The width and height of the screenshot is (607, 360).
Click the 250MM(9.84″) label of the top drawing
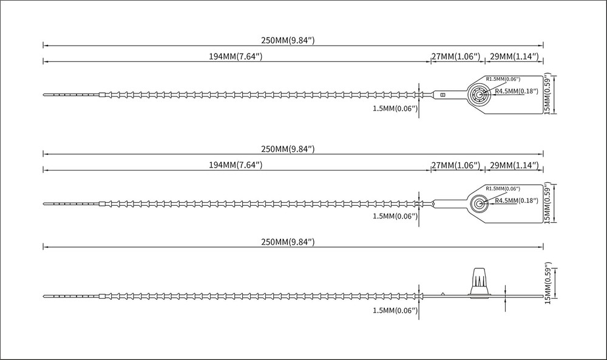[x=288, y=40]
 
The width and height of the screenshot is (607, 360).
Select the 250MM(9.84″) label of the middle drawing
[x=288, y=149]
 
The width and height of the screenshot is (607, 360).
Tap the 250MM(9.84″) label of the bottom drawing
[x=288, y=242]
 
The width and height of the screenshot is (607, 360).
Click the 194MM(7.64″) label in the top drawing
[x=236, y=56]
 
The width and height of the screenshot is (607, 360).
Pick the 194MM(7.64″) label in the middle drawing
[x=236, y=165]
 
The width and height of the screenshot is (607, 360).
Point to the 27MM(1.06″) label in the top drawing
[x=456, y=56]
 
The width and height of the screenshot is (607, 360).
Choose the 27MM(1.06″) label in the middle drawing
[x=456, y=165]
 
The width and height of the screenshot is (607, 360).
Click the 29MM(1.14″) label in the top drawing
[x=515, y=56]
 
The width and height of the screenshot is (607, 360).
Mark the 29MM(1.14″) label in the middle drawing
[x=515, y=165]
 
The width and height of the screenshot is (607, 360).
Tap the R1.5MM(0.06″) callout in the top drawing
[x=503, y=79]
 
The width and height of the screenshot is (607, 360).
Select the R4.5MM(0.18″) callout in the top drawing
[x=517, y=91]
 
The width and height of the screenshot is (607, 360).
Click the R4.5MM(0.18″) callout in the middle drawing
[x=517, y=200]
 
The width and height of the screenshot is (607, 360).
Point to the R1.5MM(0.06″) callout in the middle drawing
[x=503, y=189]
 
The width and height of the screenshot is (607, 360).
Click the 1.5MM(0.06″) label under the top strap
[x=395, y=109]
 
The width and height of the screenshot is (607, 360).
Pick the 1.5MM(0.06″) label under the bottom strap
[x=395, y=310]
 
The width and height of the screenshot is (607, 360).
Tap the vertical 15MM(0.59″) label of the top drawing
[x=548, y=94]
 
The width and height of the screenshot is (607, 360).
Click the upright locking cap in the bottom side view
[x=480, y=282]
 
